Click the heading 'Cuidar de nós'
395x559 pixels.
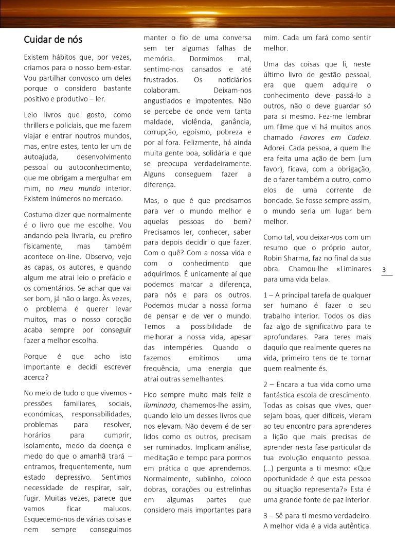53,40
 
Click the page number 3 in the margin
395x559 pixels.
384,270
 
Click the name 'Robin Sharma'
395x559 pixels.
285,257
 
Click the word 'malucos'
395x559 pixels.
120,509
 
